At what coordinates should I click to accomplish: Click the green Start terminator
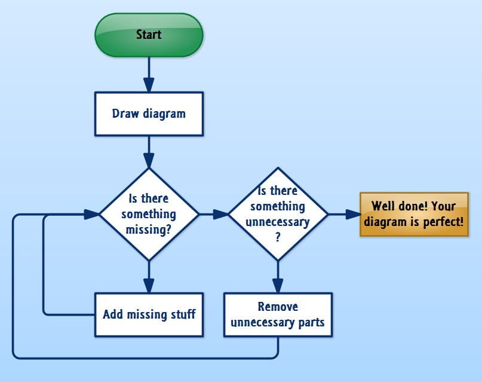pyautogui.click(x=149, y=35)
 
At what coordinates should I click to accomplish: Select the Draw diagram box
pyautogui.click(x=149, y=114)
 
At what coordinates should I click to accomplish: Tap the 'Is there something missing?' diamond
pyautogui.click(x=149, y=214)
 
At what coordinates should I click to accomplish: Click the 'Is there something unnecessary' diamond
pyautogui.click(x=277, y=214)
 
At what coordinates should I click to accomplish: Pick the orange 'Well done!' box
pyautogui.click(x=414, y=215)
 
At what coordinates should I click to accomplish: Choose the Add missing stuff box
pyautogui.click(x=149, y=314)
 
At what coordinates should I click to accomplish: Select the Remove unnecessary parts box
pyautogui.click(x=277, y=314)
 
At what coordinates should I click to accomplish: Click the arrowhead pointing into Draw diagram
pyautogui.click(x=149, y=84)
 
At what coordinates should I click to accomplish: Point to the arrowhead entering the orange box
pyautogui.click(x=352, y=214)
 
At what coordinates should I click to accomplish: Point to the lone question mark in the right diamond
pyautogui.click(x=277, y=236)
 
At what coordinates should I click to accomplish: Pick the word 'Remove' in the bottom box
pyautogui.click(x=277, y=307)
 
